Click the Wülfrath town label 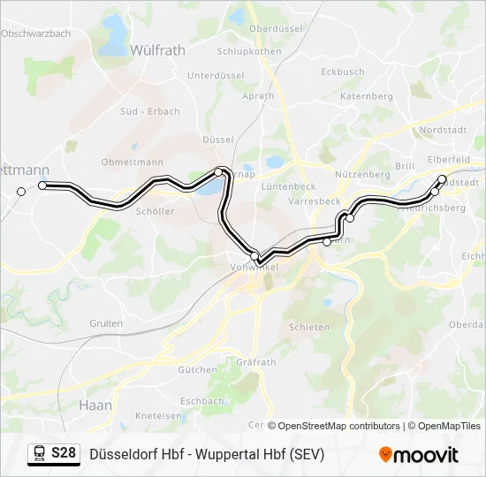click(x=157, y=50)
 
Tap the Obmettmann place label click(x=133, y=162)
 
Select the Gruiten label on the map click(x=106, y=323)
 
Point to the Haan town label click(x=95, y=405)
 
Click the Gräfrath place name click(x=256, y=362)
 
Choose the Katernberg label click(x=366, y=95)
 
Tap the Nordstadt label click(x=443, y=130)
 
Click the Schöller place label click(x=155, y=211)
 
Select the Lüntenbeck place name click(x=288, y=187)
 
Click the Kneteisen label click(x=158, y=415)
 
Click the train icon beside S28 click(x=39, y=454)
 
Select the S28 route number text click(x=63, y=454)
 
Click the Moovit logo click(x=419, y=455)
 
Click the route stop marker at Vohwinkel click(x=255, y=256)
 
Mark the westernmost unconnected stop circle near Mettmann click(x=21, y=192)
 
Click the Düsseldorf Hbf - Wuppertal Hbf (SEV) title click(x=207, y=454)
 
